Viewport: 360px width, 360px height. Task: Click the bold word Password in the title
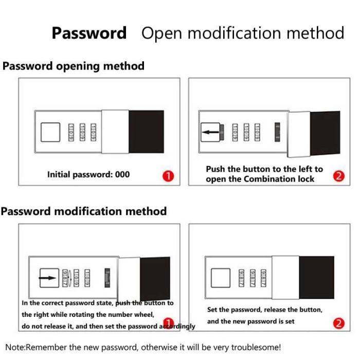point(89,33)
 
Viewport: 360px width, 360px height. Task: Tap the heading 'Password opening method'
point(74,66)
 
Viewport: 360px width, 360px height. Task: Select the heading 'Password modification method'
point(83,211)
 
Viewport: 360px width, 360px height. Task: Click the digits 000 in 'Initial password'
point(122,174)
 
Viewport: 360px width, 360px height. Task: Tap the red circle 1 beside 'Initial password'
point(168,176)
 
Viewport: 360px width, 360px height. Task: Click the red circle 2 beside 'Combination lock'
point(338,176)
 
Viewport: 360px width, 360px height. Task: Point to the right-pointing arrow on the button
point(49,278)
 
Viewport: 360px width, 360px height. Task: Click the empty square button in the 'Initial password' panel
point(50,132)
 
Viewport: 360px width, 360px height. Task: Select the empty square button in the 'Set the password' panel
point(220,278)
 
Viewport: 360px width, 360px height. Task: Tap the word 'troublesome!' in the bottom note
point(256,347)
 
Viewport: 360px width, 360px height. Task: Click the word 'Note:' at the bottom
point(15,347)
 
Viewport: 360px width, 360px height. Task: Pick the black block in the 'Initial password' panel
point(146,132)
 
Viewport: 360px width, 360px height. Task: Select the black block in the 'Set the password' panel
point(316,278)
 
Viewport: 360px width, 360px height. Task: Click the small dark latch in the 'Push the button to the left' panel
point(278,132)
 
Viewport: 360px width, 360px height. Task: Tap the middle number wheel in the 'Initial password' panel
point(82,132)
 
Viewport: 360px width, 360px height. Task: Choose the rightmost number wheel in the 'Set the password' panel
point(264,278)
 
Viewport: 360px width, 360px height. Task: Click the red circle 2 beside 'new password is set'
point(338,323)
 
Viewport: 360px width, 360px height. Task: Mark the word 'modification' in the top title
point(239,33)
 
